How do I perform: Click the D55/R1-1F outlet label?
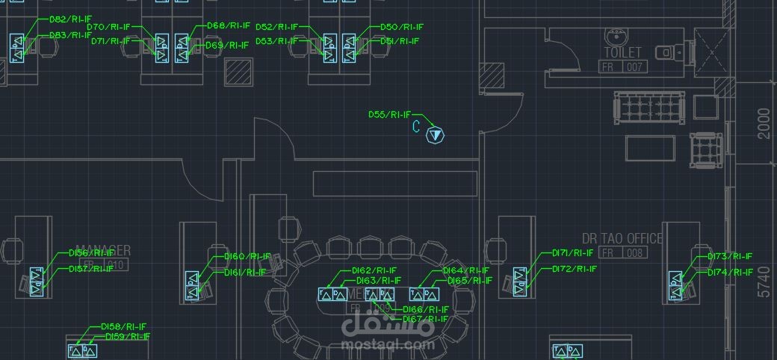point(389,115)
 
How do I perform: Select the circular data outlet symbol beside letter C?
point(436,135)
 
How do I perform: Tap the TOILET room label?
point(622,52)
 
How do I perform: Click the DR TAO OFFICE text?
point(622,238)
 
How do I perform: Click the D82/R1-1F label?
point(70,19)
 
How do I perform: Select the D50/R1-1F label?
point(401,27)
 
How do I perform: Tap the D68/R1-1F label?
point(227,26)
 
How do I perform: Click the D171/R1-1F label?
point(575,253)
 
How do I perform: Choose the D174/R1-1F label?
point(730,273)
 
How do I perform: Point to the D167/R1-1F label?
point(426,319)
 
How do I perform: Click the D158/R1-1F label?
point(124,326)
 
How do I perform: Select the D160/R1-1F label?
point(247,256)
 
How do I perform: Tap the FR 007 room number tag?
point(622,67)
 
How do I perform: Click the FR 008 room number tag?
point(622,253)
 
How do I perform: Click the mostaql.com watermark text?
point(387,345)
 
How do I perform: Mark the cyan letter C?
point(416,127)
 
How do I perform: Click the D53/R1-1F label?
point(277,41)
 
